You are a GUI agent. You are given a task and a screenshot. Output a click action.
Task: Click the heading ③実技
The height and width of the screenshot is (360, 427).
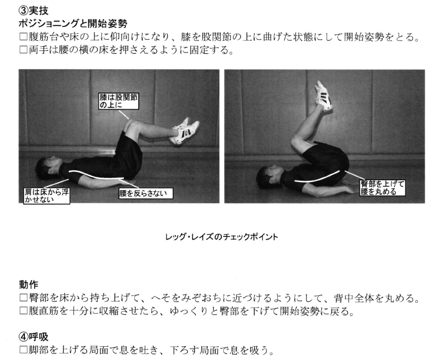coord(33,11)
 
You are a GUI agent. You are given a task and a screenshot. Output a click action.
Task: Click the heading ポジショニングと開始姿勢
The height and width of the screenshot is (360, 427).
coord(73,24)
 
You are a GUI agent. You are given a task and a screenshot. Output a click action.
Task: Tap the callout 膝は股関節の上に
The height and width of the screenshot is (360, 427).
coord(119,101)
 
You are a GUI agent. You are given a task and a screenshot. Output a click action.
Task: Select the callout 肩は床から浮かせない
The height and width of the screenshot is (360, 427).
coord(47,196)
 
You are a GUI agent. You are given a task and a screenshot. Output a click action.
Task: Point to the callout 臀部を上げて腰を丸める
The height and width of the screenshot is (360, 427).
coord(382,188)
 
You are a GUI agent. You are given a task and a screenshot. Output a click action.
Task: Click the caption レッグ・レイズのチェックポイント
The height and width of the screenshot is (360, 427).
coord(222,237)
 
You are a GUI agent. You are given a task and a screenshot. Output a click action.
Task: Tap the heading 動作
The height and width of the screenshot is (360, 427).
coord(28,284)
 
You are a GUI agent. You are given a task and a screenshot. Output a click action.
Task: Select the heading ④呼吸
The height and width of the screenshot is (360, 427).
coord(33,337)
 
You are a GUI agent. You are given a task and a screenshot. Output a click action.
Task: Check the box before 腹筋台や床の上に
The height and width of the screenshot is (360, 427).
coord(24,37)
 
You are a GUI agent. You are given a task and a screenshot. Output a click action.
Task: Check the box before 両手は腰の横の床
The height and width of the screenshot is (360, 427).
coord(24,50)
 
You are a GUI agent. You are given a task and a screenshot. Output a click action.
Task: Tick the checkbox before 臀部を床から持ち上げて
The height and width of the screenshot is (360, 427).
coord(24,298)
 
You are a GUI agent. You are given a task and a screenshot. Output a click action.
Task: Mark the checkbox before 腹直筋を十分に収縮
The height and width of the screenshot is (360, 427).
coord(24,311)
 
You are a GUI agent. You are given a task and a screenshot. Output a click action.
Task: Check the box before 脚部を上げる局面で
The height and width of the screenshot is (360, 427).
coord(24,350)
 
